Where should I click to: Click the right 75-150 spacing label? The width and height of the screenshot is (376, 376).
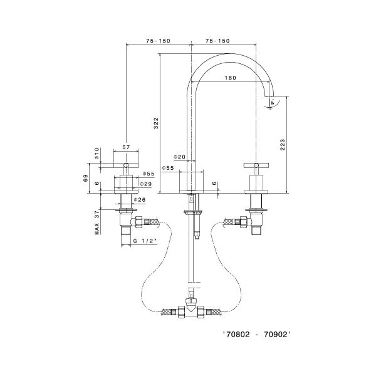coord(217,41)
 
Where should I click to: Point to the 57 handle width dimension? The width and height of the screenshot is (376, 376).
coord(126,147)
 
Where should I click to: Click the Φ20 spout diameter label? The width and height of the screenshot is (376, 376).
coord(179,157)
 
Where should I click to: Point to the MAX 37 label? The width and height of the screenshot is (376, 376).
coord(97,222)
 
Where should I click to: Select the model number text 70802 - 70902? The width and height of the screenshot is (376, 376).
coord(257,335)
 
